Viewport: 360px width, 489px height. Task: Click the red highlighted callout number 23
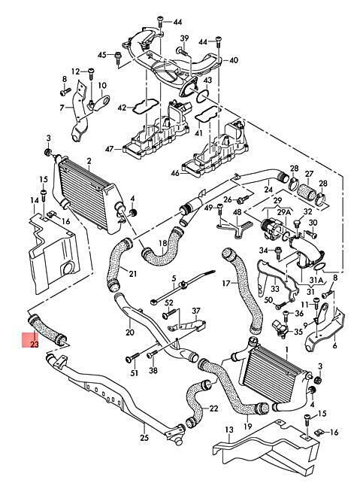tap(35, 345)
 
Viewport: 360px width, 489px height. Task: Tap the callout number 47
tap(109, 149)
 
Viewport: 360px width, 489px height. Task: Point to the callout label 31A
tap(316, 281)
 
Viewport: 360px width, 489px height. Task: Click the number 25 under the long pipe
tap(144, 438)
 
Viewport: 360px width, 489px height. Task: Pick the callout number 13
tap(229, 430)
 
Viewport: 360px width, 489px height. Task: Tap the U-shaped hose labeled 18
tap(163, 247)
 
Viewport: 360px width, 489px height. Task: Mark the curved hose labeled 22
tap(196, 402)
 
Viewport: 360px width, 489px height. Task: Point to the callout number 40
tap(234, 60)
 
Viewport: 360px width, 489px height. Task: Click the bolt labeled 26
tap(242, 199)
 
